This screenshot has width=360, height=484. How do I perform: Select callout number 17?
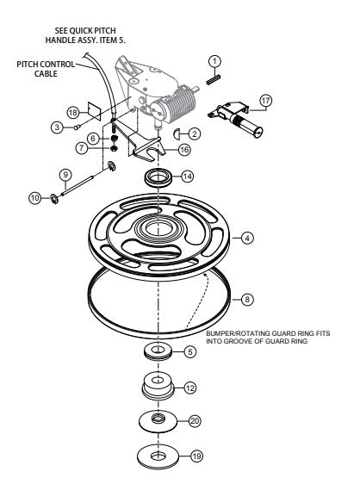(x=265, y=101)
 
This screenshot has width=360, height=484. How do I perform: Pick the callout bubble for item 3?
(x=57, y=127)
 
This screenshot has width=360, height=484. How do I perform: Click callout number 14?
(x=187, y=177)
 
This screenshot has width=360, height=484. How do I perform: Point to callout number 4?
(x=247, y=237)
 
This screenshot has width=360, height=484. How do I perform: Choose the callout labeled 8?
(x=247, y=300)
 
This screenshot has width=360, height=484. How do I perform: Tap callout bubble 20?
(x=195, y=421)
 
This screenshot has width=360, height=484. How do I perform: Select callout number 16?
(x=184, y=150)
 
